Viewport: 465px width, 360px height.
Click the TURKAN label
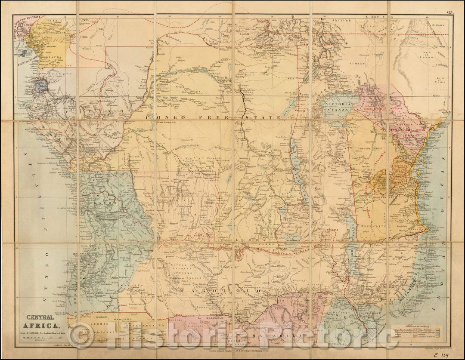pos(356,63)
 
